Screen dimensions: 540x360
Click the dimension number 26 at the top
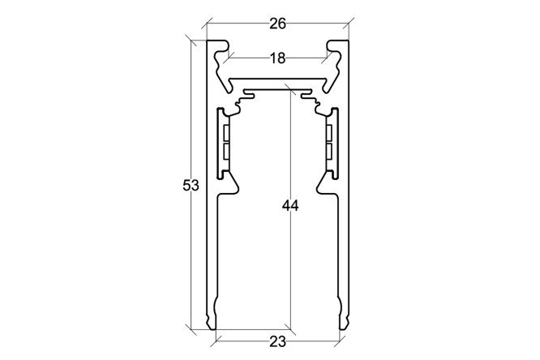point(277,24)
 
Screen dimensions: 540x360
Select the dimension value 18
point(277,58)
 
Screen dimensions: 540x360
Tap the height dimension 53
point(191,186)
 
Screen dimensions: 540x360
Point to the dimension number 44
point(290,206)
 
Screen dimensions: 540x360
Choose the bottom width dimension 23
point(277,342)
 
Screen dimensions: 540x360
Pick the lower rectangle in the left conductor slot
point(226,152)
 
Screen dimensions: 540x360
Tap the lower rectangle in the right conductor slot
point(329,152)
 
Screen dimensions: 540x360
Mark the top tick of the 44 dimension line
point(290,88)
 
